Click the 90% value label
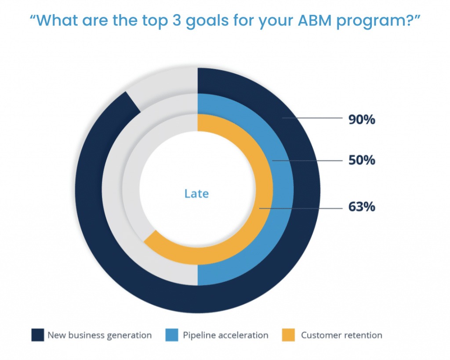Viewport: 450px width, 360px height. click(362, 119)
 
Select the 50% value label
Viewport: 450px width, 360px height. click(362, 160)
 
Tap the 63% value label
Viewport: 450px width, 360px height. click(362, 206)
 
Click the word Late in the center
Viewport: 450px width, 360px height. click(196, 193)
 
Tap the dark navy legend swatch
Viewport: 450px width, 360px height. click(38, 335)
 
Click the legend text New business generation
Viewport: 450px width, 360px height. click(100, 335)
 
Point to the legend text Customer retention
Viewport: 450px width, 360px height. click(341, 335)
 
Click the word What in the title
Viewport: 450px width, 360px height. click(56, 20)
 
